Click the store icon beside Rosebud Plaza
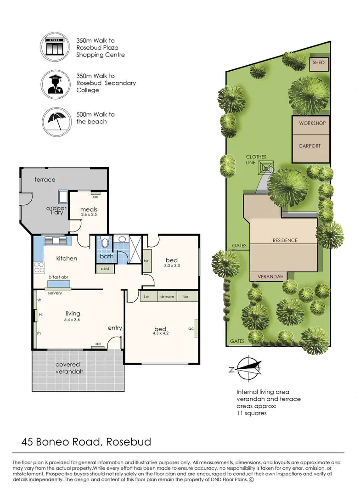pos(54,47)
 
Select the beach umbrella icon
pos(56,121)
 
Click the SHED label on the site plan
pos(319,62)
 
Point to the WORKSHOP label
pos(312,123)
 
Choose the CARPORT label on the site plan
pos(309,146)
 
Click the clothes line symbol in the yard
pos(266,167)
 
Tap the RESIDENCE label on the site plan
pos(285,240)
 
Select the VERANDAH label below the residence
pos(270,276)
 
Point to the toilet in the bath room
pos(105,242)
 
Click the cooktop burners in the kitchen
pos(39,267)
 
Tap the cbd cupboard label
pos(105,269)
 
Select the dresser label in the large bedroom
pos(167,296)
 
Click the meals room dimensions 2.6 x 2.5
pos(89,214)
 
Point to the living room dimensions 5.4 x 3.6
pos(73,320)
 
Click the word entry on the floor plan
pos(115,328)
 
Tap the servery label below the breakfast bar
pos(55,293)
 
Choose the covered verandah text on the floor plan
pos(69,368)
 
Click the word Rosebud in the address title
pos(129,442)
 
